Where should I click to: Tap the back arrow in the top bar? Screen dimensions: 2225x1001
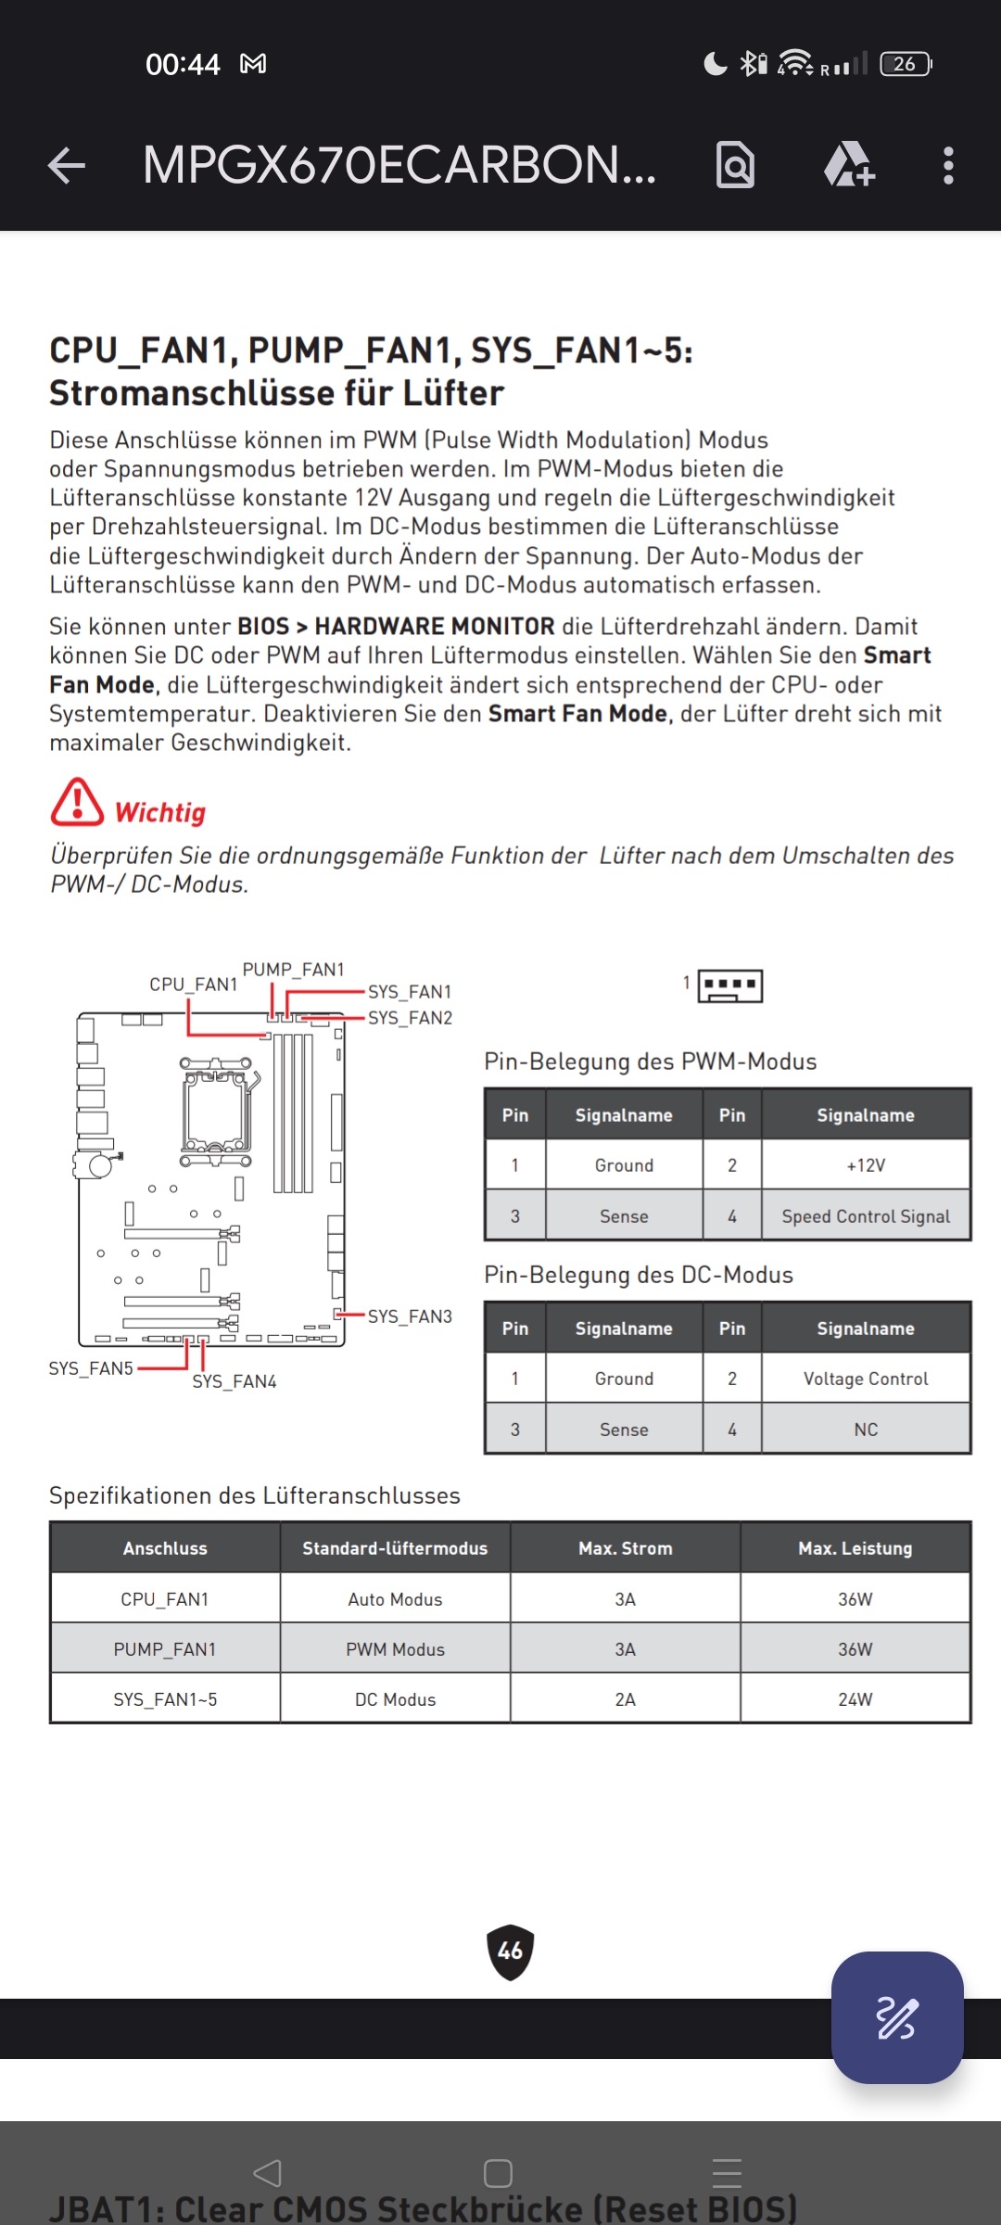67,166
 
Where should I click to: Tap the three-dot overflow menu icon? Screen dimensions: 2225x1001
947,166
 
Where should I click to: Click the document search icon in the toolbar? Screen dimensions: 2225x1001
735,166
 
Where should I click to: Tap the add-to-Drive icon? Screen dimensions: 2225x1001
849,166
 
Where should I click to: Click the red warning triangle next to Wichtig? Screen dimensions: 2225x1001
77,803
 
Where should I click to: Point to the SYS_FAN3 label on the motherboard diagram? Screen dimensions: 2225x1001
410,1316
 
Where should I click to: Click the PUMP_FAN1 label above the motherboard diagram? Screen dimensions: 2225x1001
293,970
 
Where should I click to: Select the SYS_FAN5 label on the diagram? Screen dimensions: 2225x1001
91,1368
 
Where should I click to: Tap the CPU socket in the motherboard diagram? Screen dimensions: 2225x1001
217,1111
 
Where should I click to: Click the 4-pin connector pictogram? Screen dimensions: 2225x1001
730,986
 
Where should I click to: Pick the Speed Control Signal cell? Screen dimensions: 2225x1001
866,1216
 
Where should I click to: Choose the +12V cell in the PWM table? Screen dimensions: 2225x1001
866,1165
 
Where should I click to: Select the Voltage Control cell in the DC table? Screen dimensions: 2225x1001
866,1379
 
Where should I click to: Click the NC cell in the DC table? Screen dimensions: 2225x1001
866,1430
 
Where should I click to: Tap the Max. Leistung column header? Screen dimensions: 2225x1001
855,1548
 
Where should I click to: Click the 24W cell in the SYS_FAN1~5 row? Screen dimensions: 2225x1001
855,1699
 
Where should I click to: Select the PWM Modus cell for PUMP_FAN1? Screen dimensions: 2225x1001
395,1649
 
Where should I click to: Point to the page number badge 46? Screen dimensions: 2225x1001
510,1952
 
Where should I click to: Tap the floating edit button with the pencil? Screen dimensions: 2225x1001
896,2018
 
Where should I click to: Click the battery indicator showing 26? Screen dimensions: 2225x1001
906,64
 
